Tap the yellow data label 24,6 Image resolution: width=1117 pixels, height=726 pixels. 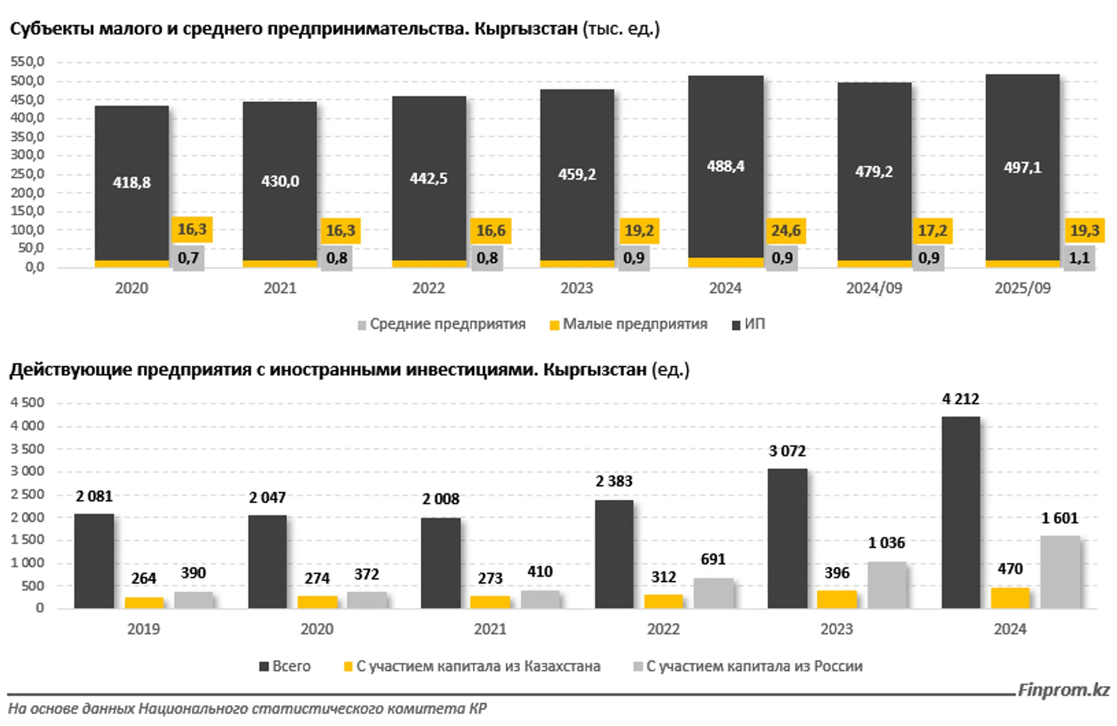click(786, 230)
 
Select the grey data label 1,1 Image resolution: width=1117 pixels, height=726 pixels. click(1079, 258)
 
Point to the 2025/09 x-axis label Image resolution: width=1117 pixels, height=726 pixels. click(1022, 288)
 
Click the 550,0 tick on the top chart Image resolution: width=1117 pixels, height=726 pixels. click(27, 62)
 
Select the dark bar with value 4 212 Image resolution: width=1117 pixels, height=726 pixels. click(960, 512)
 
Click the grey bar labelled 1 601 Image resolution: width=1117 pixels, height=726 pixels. click(1060, 571)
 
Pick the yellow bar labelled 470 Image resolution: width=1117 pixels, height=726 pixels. click(1010, 598)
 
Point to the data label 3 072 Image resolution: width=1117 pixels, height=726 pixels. click(787, 452)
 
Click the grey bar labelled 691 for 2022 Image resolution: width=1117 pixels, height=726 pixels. click(713, 593)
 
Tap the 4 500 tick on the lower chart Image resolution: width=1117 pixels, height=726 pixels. click(27, 403)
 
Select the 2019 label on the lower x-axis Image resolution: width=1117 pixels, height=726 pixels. click(143, 629)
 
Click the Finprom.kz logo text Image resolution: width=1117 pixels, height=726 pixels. click(1063, 690)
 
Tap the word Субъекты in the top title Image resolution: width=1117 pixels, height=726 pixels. click(51, 29)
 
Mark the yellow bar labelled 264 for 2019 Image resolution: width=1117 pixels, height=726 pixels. click(144, 603)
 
